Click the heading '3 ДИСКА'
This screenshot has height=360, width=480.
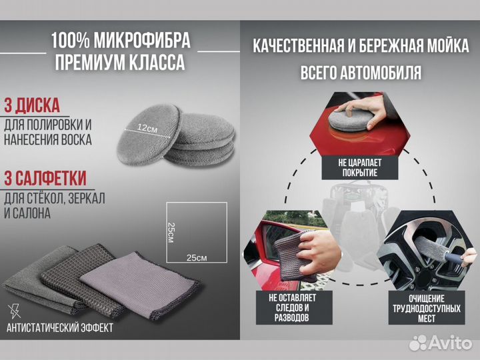click(x=33, y=105)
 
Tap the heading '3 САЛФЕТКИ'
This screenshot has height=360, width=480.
click(x=45, y=178)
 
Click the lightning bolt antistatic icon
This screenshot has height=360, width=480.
click(x=14, y=310)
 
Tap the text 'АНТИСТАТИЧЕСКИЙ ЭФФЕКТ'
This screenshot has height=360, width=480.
click(x=59, y=327)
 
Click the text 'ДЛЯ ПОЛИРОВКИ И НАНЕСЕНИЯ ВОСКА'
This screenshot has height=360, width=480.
click(x=49, y=132)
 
